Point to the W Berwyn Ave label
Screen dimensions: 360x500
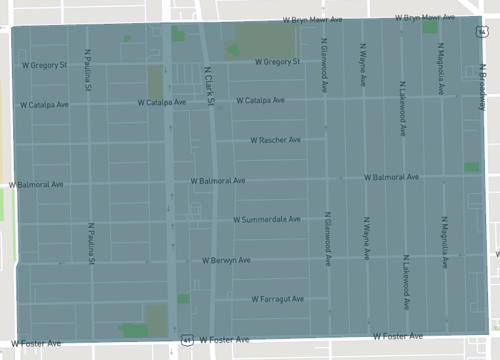pos(226,260)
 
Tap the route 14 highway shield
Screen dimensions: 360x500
pos(481,32)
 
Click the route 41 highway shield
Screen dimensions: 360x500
pos(186,340)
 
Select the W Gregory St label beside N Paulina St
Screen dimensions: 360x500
pos(44,64)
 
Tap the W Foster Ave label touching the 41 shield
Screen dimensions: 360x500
pos(222,340)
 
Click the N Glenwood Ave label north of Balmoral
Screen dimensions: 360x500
pos(325,68)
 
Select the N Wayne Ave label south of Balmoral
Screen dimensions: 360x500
pos(367,243)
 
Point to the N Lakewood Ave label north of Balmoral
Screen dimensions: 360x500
pos(405,70)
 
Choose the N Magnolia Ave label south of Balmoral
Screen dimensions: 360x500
pos(444,243)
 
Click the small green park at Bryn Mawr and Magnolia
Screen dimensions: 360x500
pos(430,28)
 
